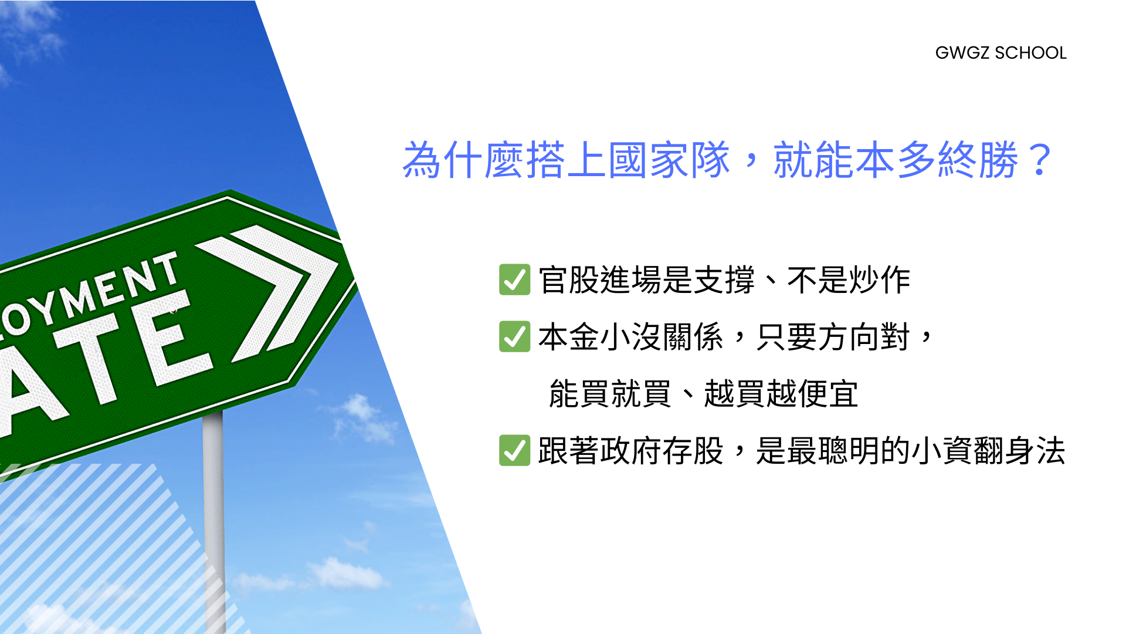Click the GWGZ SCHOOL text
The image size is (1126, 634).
point(1000,53)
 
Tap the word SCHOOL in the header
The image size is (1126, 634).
point(1030,53)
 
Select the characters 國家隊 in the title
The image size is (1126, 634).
point(669,160)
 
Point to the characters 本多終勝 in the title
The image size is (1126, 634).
point(937,160)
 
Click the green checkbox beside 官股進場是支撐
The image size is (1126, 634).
point(514,279)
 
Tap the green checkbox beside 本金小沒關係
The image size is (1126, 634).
point(514,336)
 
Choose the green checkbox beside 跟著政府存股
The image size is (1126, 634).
point(514,450)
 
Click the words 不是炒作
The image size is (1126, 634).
point(849,279)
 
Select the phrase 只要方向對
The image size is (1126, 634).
point(833,336)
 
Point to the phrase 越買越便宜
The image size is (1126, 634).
point(781,393)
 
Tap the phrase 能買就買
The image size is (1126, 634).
point(610,393)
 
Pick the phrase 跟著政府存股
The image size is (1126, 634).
point(630,450)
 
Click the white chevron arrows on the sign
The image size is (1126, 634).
point(267,292)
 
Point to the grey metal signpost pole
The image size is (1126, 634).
point(213,522)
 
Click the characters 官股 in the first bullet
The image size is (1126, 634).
point(569,279)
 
